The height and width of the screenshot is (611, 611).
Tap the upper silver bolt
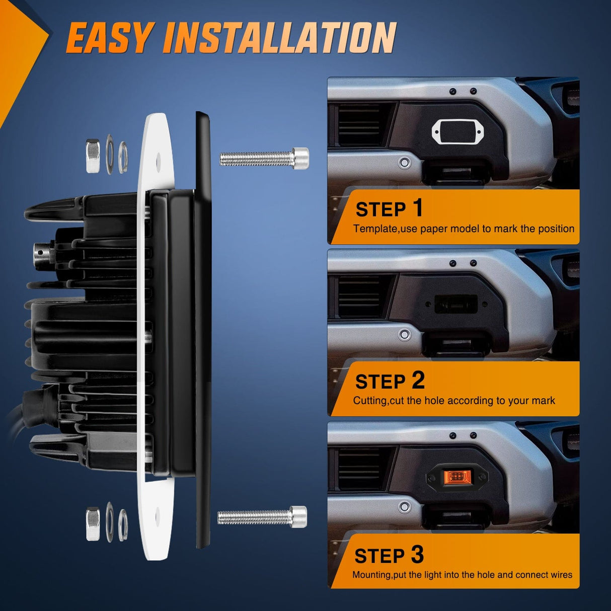(264, 158)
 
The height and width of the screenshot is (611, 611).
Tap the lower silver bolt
(263, 516)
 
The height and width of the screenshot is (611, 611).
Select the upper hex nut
(93, 156)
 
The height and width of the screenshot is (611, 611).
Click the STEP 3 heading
(389, 555)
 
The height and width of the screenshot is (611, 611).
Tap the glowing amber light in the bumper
(456, 476)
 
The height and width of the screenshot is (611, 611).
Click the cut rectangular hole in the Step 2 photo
(456, 304)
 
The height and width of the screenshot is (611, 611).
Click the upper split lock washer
(123, 157)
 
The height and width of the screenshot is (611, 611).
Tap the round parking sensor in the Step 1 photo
(404, 163)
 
